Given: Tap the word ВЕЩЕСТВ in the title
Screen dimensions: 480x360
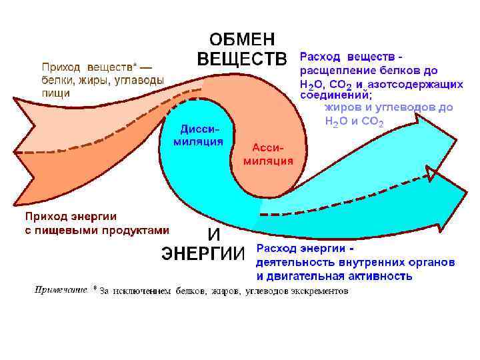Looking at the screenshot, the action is tap(241, 59).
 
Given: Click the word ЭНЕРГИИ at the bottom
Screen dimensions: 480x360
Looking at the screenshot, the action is tap(204, 253).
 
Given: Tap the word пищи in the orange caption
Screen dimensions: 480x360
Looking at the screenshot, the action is tap(55, 93).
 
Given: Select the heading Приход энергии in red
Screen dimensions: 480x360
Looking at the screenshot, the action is tap(71, 217).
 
